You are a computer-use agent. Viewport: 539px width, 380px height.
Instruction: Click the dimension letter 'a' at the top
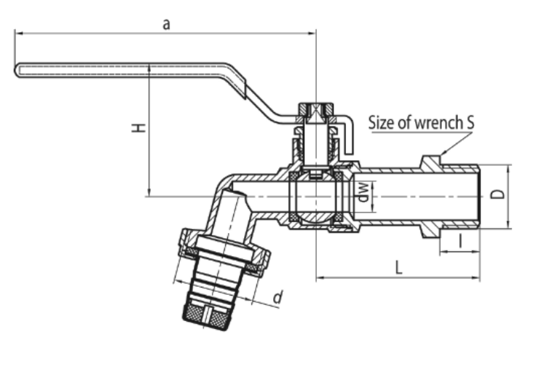pyautogui.click(x=166, y=25)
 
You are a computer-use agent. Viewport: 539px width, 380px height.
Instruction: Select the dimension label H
pyautogui.click(x=138, y=128)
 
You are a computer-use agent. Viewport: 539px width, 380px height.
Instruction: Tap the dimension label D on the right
pyautogui.click(x=497, y=194)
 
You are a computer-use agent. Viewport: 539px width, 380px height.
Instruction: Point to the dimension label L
pyautogui.click(x=398, y=267)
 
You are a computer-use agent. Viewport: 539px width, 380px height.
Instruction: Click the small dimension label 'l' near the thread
pyautogui.click(x=460, y=241)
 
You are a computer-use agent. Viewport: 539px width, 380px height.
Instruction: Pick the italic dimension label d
pyautogui.click(x=278, y=297)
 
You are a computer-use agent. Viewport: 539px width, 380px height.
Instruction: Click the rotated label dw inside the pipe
pyautogui.click(x=363, y=192)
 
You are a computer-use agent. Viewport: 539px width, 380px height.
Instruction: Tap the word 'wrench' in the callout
pyautogui.click(x=435, y=122)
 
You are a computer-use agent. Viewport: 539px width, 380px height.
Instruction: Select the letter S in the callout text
pyautogui.click(x=470, y=122)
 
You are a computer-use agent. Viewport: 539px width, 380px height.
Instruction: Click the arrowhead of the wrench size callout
pyautogui.click(x=444, y=152)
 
